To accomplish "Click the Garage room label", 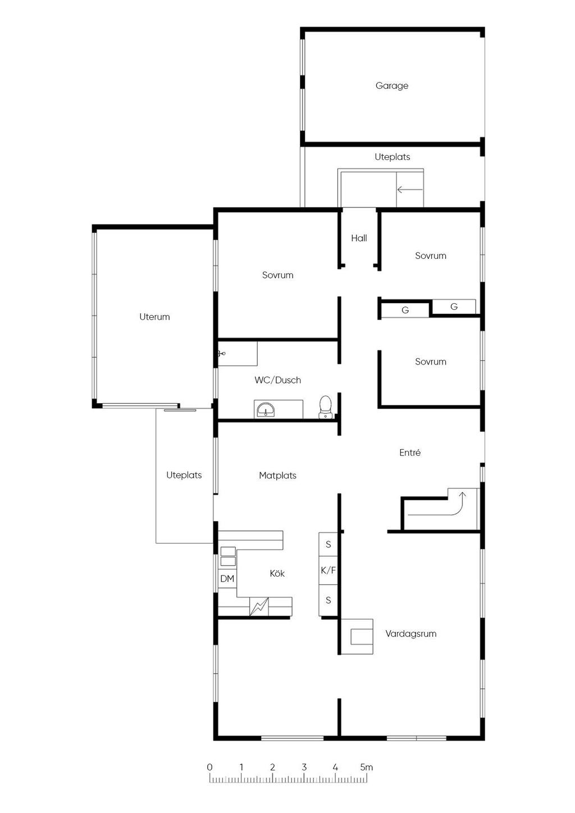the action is click(x=392, y=86).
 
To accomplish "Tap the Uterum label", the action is click(x=154, y=317).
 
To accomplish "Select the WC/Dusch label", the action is click(x=278, y=380).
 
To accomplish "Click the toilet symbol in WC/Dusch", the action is click(x=325, y=407).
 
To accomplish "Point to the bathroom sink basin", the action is click(x=266, y=410).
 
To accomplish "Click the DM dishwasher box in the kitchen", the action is click(x=227, y=578).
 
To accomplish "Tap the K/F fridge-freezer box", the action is click(x=328, y=570).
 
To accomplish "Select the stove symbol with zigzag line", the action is click(x=259, y=606).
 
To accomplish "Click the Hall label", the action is click(x=359, y=238).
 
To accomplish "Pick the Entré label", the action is click(x=410, y=452).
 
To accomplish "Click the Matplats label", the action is click(x=278, y=476).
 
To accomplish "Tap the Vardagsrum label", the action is click(x=411, y=634).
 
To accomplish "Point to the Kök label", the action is click(x=277, y=573).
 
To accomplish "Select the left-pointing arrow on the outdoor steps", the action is click(x=410, y=189).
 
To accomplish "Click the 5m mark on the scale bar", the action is click(x=367, y=768).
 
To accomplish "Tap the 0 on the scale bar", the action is click(x=209, y=768).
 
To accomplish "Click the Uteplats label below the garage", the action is click(x=393, y=157).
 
